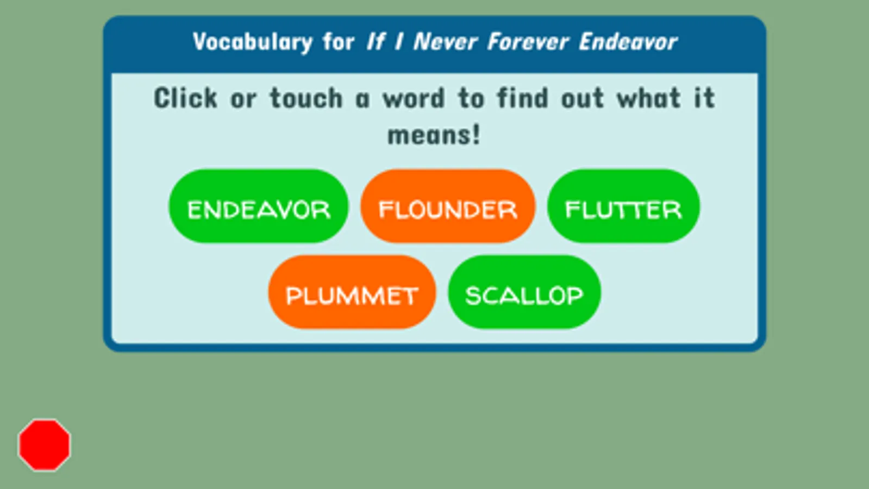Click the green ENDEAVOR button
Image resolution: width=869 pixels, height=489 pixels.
258,206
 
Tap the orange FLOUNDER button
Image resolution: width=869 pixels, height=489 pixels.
448,206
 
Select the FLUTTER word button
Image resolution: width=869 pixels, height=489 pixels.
623,206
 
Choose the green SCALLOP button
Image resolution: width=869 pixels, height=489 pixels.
524,292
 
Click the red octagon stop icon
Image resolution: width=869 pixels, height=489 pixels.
45,445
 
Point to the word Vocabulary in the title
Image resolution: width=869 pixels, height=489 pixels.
253,42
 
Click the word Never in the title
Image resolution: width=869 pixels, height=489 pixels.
445,41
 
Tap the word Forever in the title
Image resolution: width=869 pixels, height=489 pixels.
528,41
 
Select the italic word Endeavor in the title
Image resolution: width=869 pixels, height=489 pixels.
628,41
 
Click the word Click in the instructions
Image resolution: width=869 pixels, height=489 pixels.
185,98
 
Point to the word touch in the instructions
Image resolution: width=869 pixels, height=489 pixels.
306,98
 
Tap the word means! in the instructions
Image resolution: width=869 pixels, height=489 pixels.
434,135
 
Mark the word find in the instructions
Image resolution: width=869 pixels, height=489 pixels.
523,98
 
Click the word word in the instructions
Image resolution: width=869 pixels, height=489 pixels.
414,98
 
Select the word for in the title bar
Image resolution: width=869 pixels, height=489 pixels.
338,41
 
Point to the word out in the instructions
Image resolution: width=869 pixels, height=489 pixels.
583,98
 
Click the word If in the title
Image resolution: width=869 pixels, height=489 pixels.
376,41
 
